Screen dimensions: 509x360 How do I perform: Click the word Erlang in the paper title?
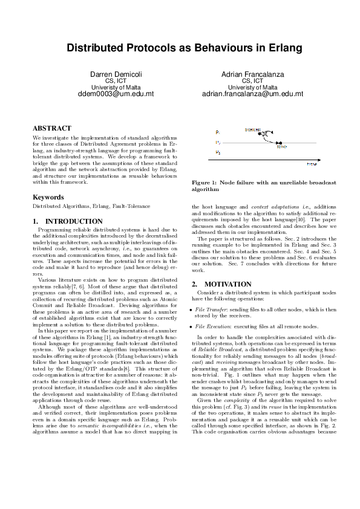pos(272,47)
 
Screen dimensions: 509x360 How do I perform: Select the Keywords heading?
pos(48,197)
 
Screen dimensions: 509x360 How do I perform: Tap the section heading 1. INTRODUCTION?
pos(67,222)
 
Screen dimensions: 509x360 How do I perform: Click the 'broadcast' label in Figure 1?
pos(252,129)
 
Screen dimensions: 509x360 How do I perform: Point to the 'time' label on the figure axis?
pos(312,164)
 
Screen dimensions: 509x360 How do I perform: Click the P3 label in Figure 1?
pos(218,152)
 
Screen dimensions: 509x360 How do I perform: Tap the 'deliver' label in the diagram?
pos(281,146)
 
